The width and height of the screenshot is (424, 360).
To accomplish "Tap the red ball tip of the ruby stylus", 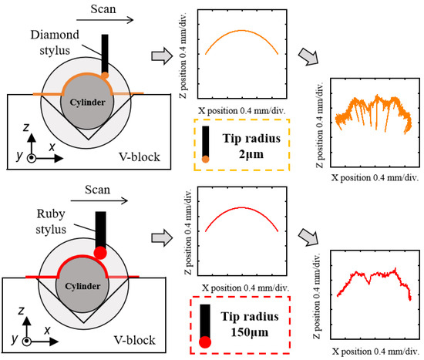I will click(x=99, y=251).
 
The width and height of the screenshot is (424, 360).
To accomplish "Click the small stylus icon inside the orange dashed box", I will click(x=207, y=146).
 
